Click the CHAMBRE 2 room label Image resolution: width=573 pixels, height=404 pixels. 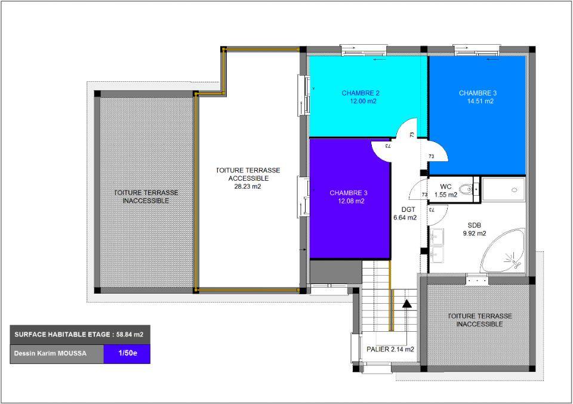(x=361, y=93)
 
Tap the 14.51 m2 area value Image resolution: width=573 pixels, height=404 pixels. (x=480, y=101)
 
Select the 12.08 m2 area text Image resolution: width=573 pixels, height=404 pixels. (x=351, y=201)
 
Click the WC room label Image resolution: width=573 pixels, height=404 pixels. (x=445, y=187)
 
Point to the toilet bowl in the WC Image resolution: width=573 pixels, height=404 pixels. (x=467, y=189)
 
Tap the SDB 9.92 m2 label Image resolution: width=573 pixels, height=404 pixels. (x=475, y=229)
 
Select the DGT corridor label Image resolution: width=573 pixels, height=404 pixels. (x=408, y=209)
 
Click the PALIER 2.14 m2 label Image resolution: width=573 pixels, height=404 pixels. (x=390, y=349)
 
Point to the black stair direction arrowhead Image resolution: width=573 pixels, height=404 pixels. (x=406, y=304)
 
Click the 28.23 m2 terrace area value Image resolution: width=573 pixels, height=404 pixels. (x=247, y=186)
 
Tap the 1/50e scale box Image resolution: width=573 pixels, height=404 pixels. (x=127, y=354)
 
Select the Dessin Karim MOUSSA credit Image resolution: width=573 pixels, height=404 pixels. (x=50, y=354)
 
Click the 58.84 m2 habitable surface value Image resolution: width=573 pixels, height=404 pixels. (x=130, y=334)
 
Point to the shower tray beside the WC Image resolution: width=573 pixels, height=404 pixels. (x=504, y=190)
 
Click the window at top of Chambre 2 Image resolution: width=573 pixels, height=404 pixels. (x=363, y=50)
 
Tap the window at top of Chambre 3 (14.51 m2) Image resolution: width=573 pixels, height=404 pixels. (x=476, y=50)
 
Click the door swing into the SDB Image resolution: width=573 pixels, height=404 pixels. (x=438, y=215)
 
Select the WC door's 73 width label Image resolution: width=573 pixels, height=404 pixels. (x=424, y=195)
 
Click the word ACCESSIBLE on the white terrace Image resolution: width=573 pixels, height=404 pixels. (x=248, y=178)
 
